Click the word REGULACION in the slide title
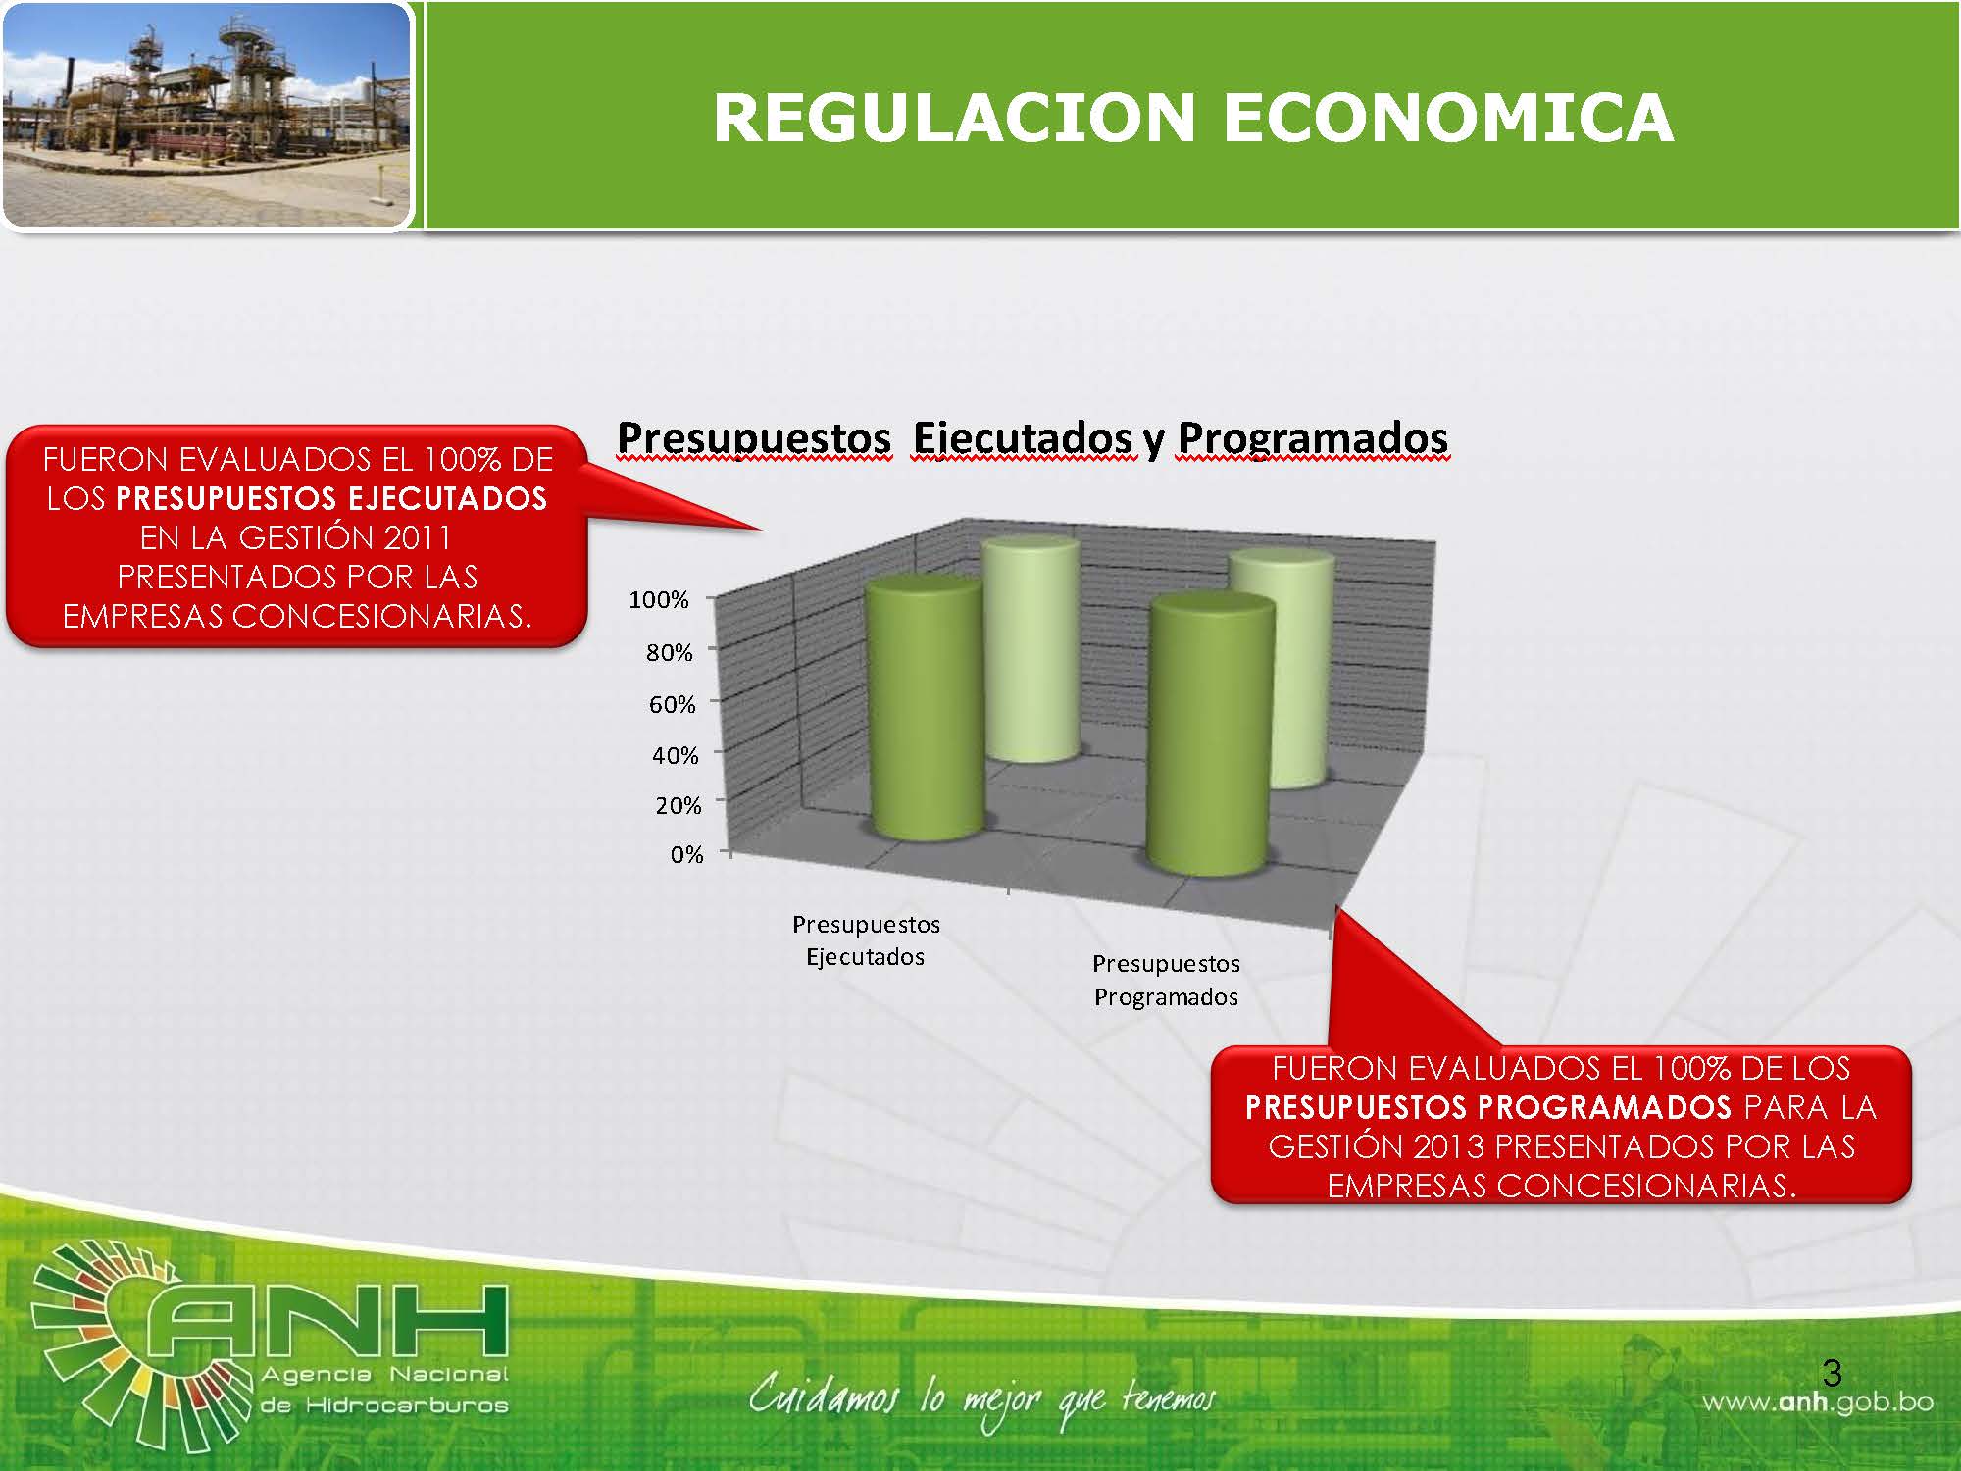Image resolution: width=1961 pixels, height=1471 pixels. click(954, 118)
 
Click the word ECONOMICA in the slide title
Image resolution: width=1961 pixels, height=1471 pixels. click(1447, 118)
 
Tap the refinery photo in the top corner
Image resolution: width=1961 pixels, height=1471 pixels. click(207, 116)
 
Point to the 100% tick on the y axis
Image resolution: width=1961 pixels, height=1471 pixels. click(659, 599)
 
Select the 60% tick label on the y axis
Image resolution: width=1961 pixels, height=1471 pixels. click(673, 704)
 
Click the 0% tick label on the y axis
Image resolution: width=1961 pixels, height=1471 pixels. click(687, 854)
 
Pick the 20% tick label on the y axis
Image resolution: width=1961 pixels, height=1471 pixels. click(679, 805)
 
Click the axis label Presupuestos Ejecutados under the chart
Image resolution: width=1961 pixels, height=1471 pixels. click(866, 940)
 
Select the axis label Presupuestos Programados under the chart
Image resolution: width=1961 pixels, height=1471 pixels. click(1167, 981)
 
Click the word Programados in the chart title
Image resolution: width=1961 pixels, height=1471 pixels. click(1313, 437)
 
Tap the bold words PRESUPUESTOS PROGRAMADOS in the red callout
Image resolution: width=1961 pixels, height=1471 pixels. click(1488, 1107)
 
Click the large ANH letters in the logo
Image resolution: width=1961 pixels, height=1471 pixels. click(328, 1323)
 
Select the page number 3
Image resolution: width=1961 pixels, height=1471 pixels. click(1832, 1371)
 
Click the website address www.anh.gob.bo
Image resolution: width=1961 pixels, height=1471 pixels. click(1817, 1402)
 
